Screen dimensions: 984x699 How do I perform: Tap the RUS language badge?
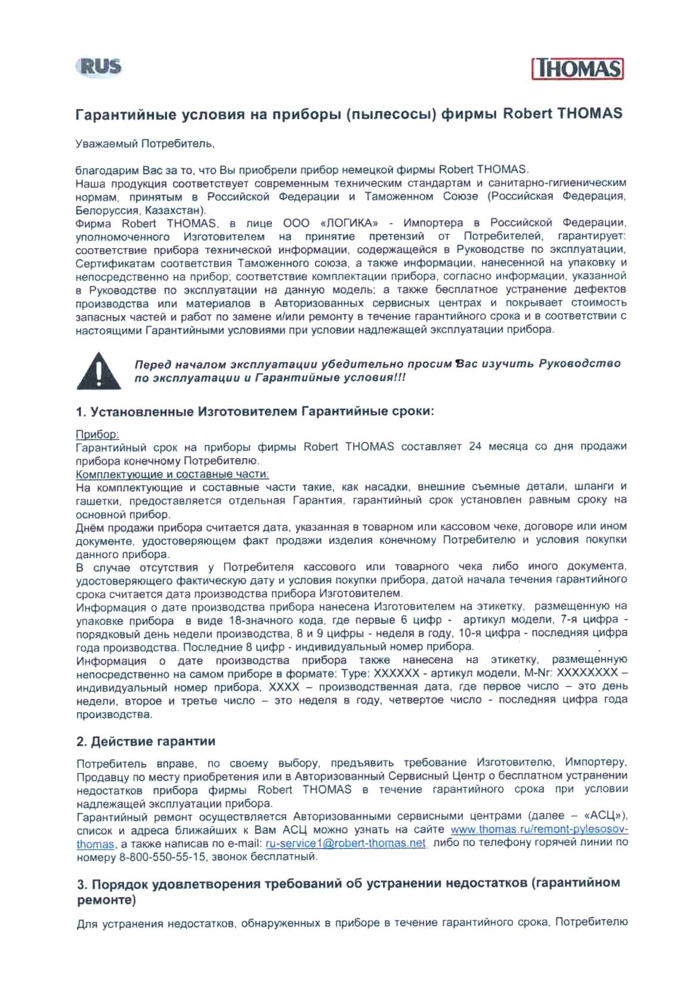tap(99, 66)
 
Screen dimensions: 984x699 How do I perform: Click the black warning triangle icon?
tap(98, 371)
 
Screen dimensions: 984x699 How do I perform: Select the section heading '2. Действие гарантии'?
tap(146, 741)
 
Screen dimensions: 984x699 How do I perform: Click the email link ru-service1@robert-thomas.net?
tap(346, 843)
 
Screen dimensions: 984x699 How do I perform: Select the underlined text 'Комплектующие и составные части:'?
tap(172, 474)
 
